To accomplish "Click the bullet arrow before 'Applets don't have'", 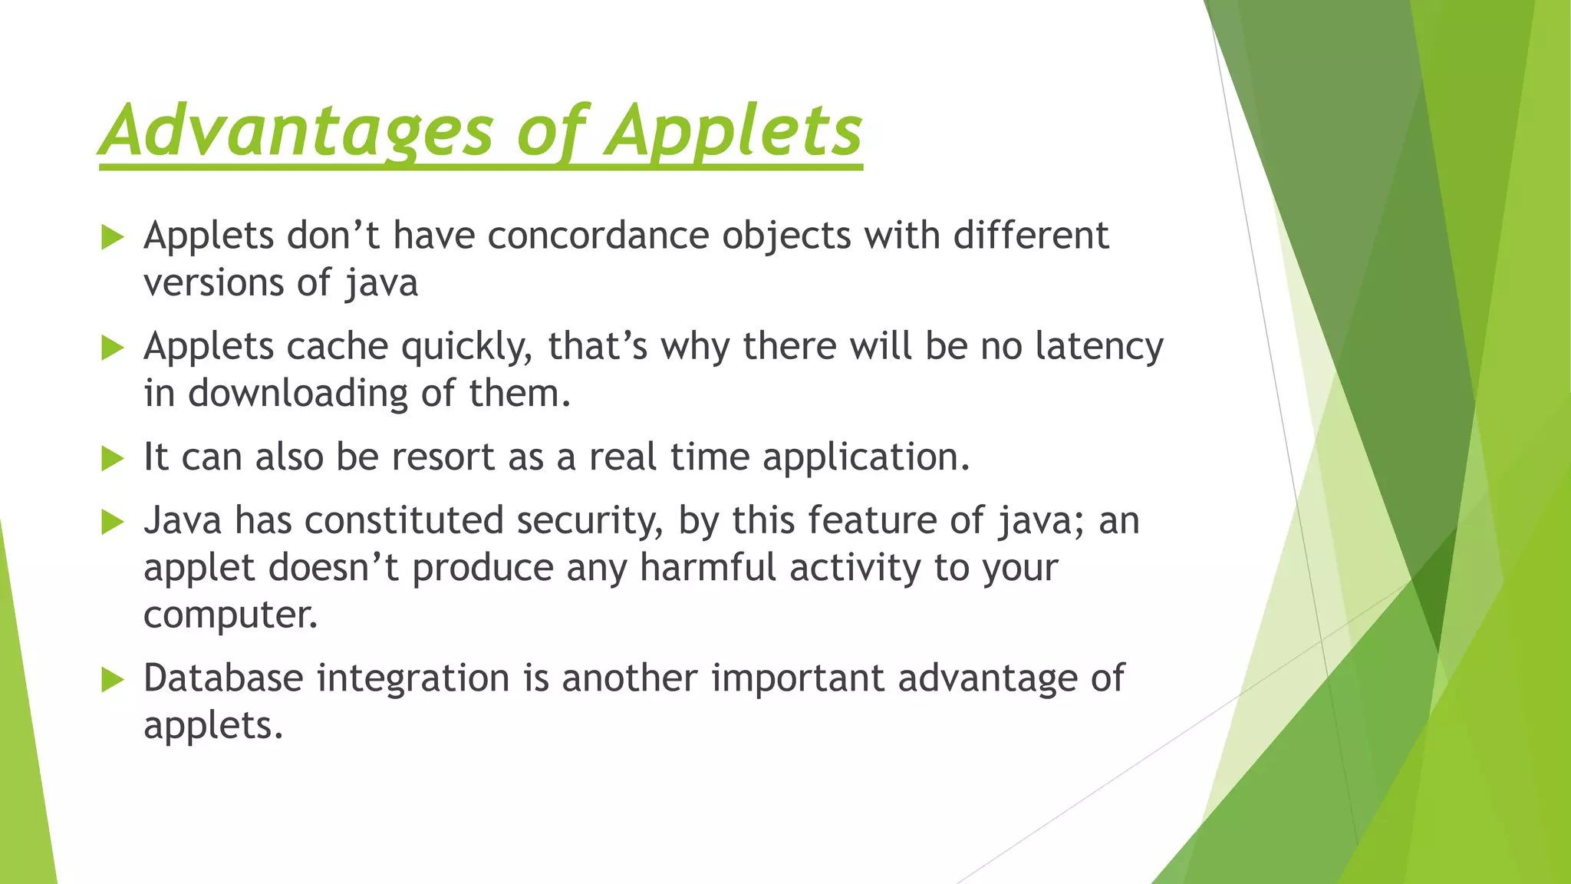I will coord(112,237).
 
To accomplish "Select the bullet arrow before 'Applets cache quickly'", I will coord(112,348).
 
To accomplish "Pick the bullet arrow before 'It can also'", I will coord(112,459).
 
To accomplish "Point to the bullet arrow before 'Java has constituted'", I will coord(112,523).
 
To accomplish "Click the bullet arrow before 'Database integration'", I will coord(112,680).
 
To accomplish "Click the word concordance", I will coord(598,236).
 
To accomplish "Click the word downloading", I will coord(298,394).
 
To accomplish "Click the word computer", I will coord(230,615).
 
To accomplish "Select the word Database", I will coord(223,678).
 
